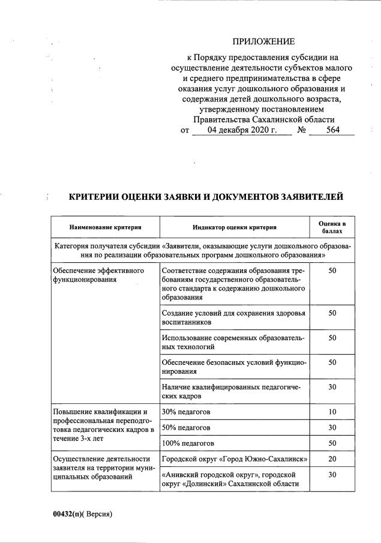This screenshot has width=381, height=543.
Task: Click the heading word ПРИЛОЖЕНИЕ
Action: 264,41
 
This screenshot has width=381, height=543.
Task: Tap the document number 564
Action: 329,130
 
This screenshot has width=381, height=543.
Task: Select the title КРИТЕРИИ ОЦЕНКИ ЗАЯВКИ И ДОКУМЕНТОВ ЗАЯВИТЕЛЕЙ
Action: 206,197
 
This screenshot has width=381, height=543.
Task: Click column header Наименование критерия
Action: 106,227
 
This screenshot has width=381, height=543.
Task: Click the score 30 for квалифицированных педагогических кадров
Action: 332,387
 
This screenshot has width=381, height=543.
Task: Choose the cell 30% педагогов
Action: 186,412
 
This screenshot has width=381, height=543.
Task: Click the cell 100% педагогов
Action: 188,443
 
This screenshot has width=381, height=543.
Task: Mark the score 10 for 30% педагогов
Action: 332,412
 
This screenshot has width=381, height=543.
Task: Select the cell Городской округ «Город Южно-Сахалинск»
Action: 235,460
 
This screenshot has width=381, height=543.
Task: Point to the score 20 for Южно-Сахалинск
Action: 332,460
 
